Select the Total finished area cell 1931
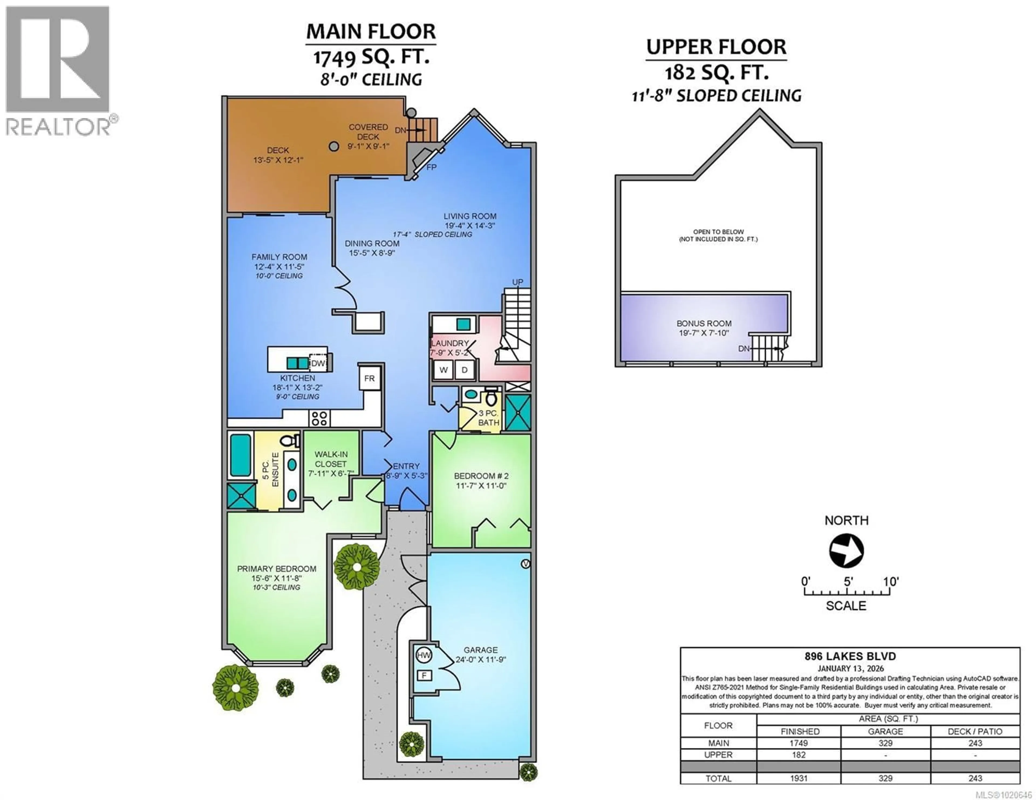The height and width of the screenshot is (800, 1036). [799, 778]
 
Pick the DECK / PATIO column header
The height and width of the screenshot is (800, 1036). [975, 731]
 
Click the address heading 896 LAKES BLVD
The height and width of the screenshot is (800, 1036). [850, 656]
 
